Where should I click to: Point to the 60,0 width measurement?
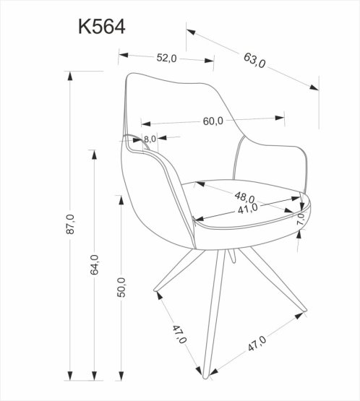click(x=212, y=121)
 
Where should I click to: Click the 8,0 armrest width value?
click(x=150, y=139)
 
